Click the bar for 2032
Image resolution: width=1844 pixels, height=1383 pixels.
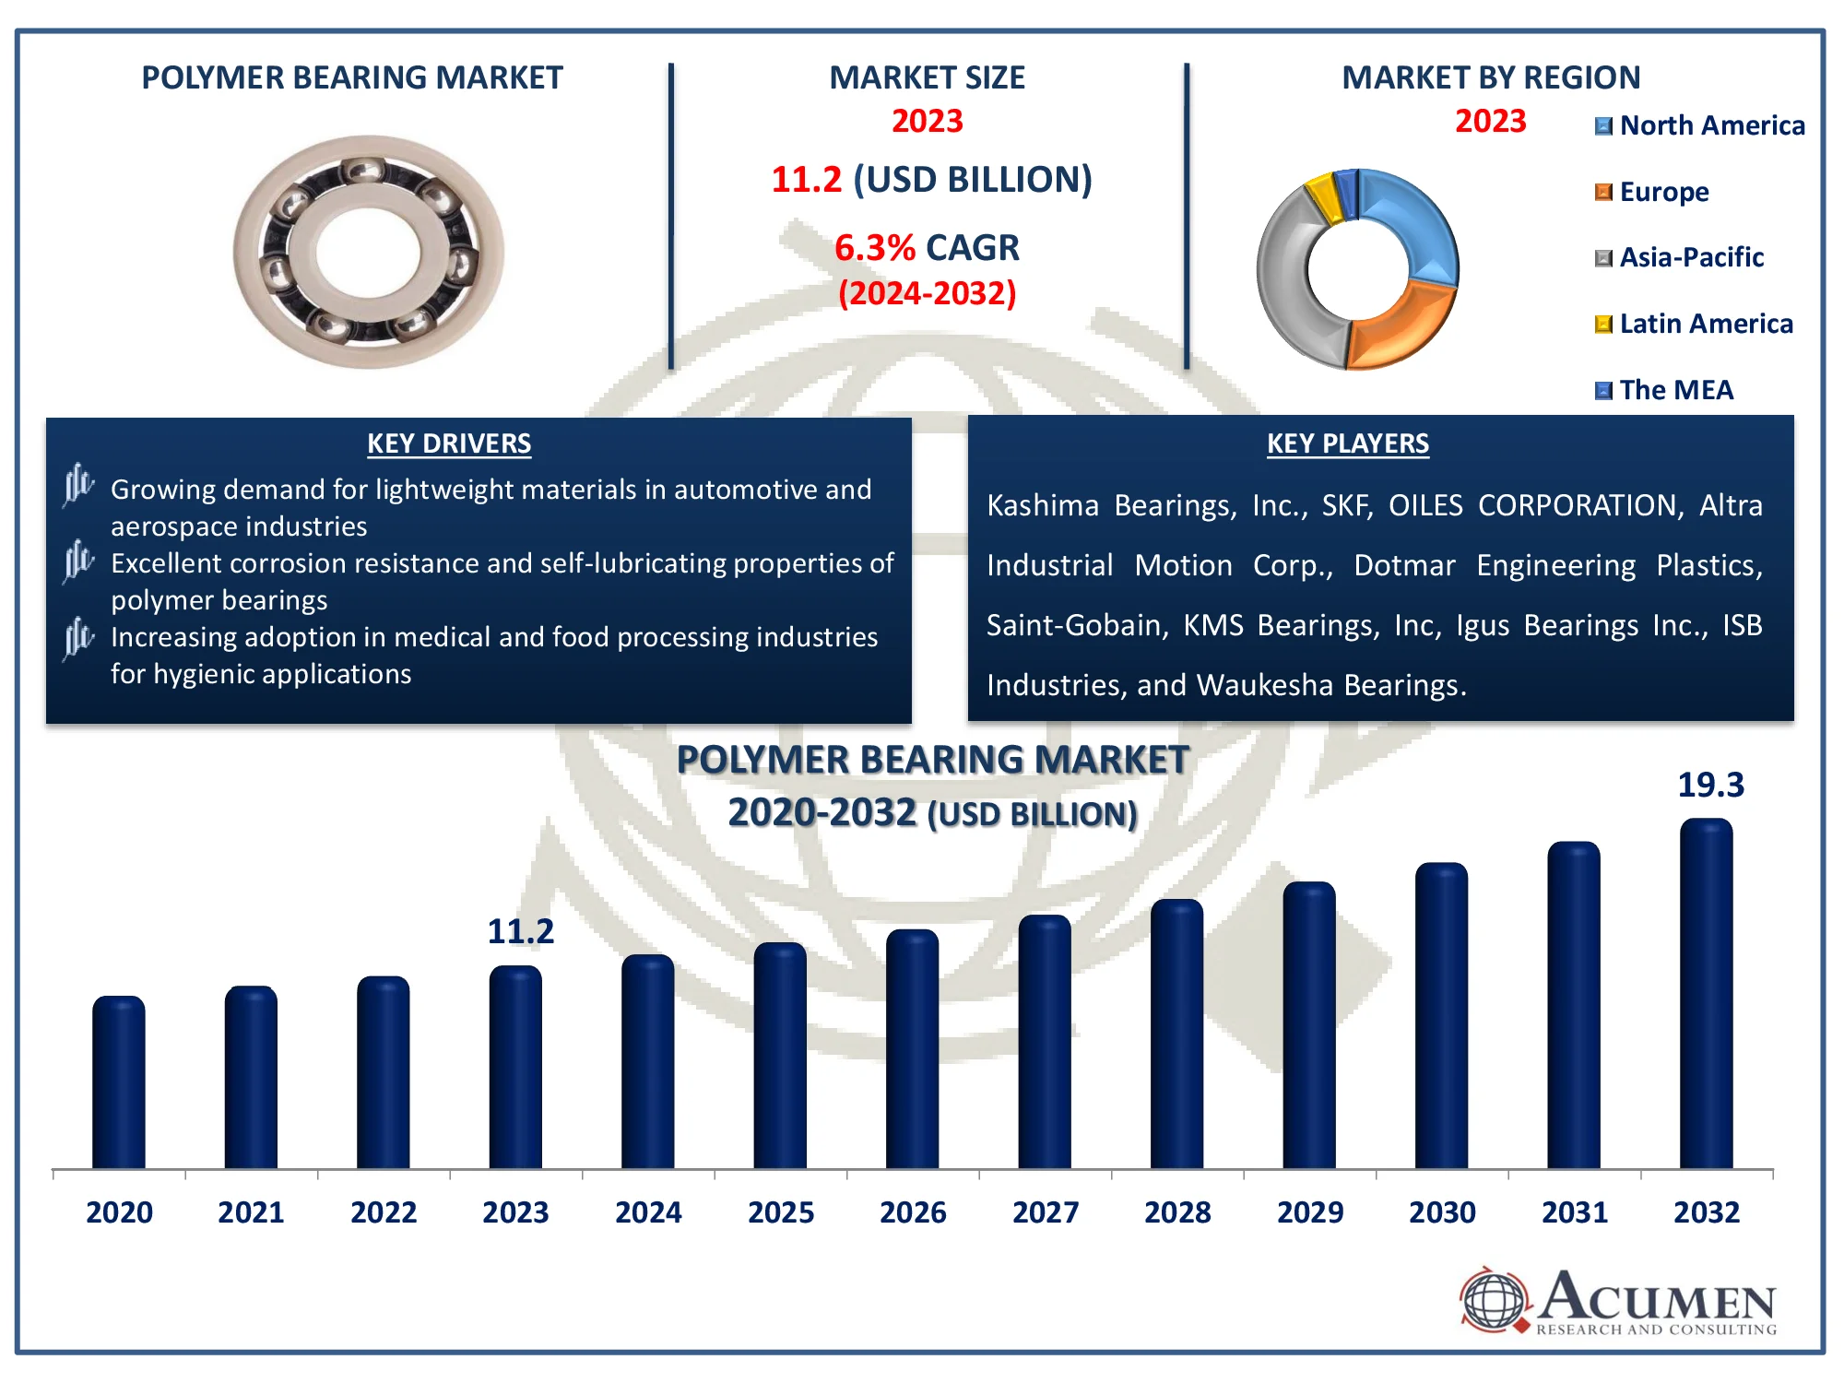tap(1706, 996)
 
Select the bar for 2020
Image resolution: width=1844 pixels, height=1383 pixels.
tap(119, 1083)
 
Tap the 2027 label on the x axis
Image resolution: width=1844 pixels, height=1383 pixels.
tap(1046, 1212)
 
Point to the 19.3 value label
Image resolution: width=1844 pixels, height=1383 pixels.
tap(1710, 785)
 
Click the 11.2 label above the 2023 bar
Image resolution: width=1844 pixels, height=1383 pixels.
tap(520, 931)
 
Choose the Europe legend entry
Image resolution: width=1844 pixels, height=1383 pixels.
tap(1663, 192)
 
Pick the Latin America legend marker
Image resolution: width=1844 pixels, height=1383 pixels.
tap(1603, 324)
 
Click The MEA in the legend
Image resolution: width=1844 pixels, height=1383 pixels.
tap(1675, 390)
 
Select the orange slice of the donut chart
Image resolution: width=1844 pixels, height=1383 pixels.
tap(1401, 327)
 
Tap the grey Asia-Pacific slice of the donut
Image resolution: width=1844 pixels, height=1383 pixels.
tap(1286, 277)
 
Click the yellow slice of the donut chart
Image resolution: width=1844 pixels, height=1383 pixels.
tap(1322, 195)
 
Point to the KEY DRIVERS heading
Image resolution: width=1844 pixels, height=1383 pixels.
tap(449, 443)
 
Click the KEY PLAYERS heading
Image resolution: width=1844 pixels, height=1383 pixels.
tap(1347, 443)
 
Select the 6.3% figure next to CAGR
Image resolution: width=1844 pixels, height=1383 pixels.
tap(874, 248)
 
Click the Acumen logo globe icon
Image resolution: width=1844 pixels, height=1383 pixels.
tap(1494, 1300)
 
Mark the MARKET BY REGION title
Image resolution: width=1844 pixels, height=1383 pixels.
tap(1491, 77)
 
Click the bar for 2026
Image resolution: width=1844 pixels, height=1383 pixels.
tap(913, 1051)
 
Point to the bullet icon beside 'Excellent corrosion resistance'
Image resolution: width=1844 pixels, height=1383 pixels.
tap(78, 561)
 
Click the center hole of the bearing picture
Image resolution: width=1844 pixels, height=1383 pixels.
tap(368, 253)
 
